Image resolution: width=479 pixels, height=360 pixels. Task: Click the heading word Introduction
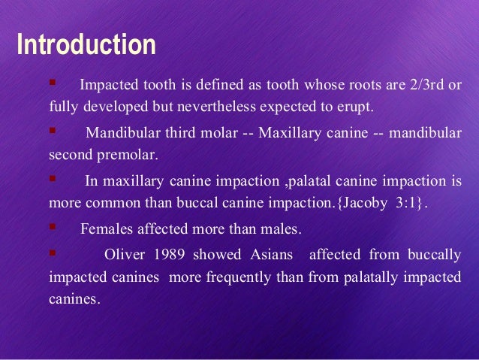point(86,45)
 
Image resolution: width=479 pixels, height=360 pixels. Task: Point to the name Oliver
point(124,255)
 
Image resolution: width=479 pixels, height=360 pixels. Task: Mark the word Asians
point(270,255)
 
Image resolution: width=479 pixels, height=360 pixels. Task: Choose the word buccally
point(435,255)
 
